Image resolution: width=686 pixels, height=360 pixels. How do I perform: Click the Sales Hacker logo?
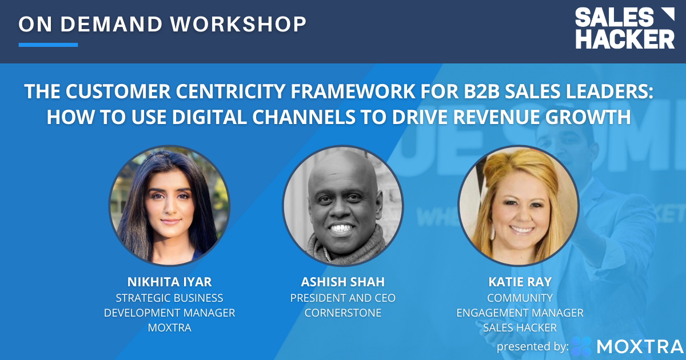[624, 29]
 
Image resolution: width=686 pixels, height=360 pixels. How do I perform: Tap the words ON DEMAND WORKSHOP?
[162, 23]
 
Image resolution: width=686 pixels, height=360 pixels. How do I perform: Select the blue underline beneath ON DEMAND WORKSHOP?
[48, 45]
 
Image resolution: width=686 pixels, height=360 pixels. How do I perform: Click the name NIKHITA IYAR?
[169, 282]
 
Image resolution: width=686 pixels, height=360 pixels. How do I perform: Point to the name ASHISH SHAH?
[343, 282]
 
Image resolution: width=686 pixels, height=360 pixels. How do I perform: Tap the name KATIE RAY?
[519, 282]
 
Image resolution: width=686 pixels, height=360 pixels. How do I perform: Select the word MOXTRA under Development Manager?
[169, 328]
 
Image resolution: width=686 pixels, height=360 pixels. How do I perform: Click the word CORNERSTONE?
[343, 313]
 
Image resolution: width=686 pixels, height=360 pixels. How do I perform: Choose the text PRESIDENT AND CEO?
[343, 298]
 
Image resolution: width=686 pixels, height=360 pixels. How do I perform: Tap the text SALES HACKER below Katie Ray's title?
[519, 328]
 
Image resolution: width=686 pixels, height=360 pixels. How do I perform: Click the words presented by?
[532, 346]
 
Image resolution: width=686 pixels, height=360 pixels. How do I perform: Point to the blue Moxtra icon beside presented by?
[581, 346]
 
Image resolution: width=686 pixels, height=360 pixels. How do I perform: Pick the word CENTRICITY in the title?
[208, 92]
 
